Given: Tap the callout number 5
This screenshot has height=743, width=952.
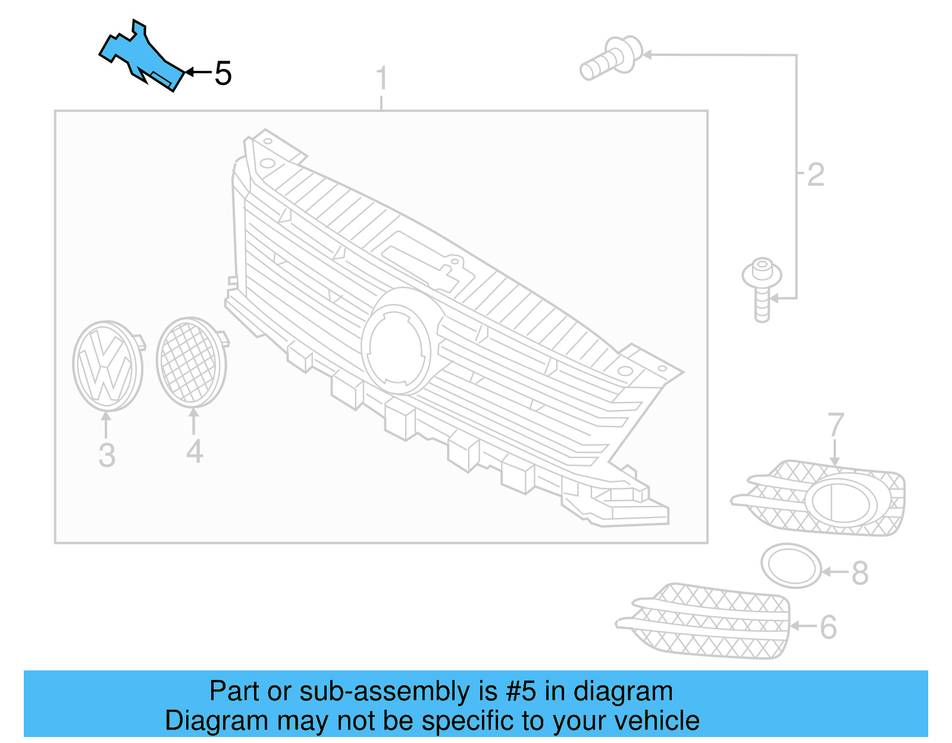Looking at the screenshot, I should point(223,74).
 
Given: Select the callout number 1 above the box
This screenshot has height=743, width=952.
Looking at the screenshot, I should point(381,79).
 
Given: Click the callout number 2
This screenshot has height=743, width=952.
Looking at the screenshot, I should point(816,175).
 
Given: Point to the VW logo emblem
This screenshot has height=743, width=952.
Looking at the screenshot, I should point(107,366).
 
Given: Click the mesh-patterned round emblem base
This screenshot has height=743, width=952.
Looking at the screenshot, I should point(190,362).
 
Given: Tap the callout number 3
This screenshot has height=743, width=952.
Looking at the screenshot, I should point(107,455).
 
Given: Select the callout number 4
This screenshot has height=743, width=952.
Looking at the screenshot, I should point(195,452).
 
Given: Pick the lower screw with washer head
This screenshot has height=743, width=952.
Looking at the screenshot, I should point(762,289).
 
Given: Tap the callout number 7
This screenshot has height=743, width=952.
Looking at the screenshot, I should point(835,425).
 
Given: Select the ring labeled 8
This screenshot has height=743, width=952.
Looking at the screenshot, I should point(791,566).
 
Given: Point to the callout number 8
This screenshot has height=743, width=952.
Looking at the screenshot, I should point(860,573).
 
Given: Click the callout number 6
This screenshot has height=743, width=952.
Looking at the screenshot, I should point(828,627).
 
